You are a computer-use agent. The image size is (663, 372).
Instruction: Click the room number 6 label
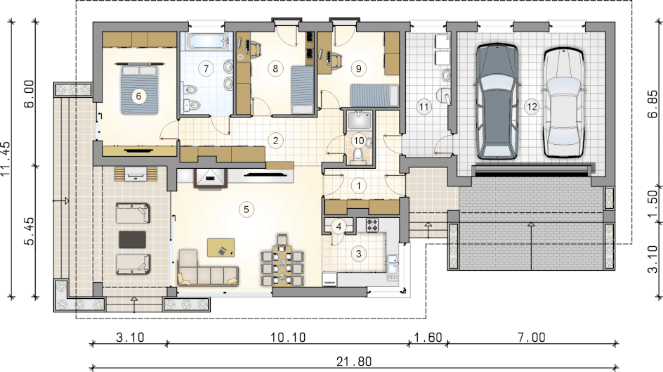138,96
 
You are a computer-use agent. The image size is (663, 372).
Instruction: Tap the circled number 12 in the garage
532,107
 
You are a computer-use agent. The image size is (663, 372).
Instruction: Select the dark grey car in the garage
497,101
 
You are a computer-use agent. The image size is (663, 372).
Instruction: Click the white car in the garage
564,103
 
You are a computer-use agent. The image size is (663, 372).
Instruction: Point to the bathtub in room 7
208,42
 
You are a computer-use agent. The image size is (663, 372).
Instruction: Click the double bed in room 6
140,89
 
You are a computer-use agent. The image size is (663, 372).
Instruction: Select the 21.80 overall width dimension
354,361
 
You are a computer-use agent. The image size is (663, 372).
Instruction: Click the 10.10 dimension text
288,338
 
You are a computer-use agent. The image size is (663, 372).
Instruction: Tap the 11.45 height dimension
6,159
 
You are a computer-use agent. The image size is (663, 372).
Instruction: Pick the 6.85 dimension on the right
652,103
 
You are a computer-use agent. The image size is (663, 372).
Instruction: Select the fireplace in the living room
210,178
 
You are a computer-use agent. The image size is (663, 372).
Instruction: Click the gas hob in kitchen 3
372,224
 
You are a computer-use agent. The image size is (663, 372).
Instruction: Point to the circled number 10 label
359,141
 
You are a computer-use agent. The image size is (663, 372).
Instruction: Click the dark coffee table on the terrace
132,239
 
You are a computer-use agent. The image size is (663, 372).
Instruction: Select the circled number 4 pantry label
339,227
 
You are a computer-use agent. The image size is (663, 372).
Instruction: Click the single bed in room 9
374,95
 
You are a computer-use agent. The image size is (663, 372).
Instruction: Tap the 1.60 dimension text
428,338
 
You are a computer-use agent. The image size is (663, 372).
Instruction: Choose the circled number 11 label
424,107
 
